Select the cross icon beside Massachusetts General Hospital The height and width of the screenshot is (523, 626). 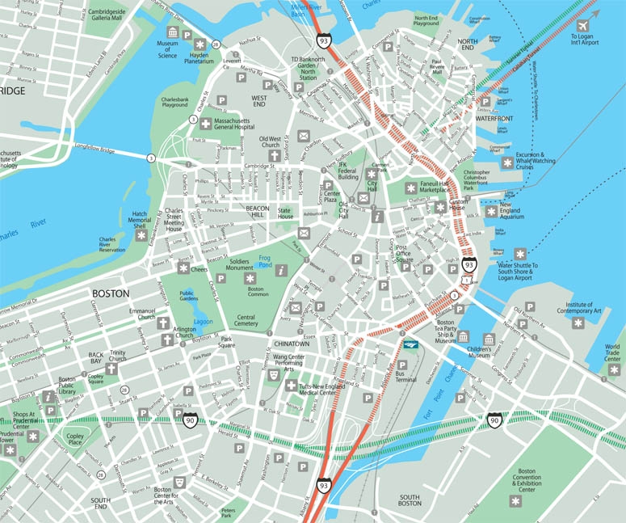(x=206, y=124)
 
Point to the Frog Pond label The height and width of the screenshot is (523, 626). (x=264, y=260)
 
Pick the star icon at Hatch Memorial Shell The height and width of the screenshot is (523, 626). (x=141, y=236)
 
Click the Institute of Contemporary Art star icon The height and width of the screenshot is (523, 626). (x=578, y=323)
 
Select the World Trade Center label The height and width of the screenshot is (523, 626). (x=613, y=353)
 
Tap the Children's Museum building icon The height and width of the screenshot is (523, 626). (x=488, y=339)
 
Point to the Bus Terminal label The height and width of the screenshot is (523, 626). (x=407, y=377)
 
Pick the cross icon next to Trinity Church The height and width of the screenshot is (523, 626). (x=111, y=369)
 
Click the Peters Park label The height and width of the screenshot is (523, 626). (x=228, y=512)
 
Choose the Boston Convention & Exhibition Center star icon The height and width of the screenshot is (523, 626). (x=515, y=501)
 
